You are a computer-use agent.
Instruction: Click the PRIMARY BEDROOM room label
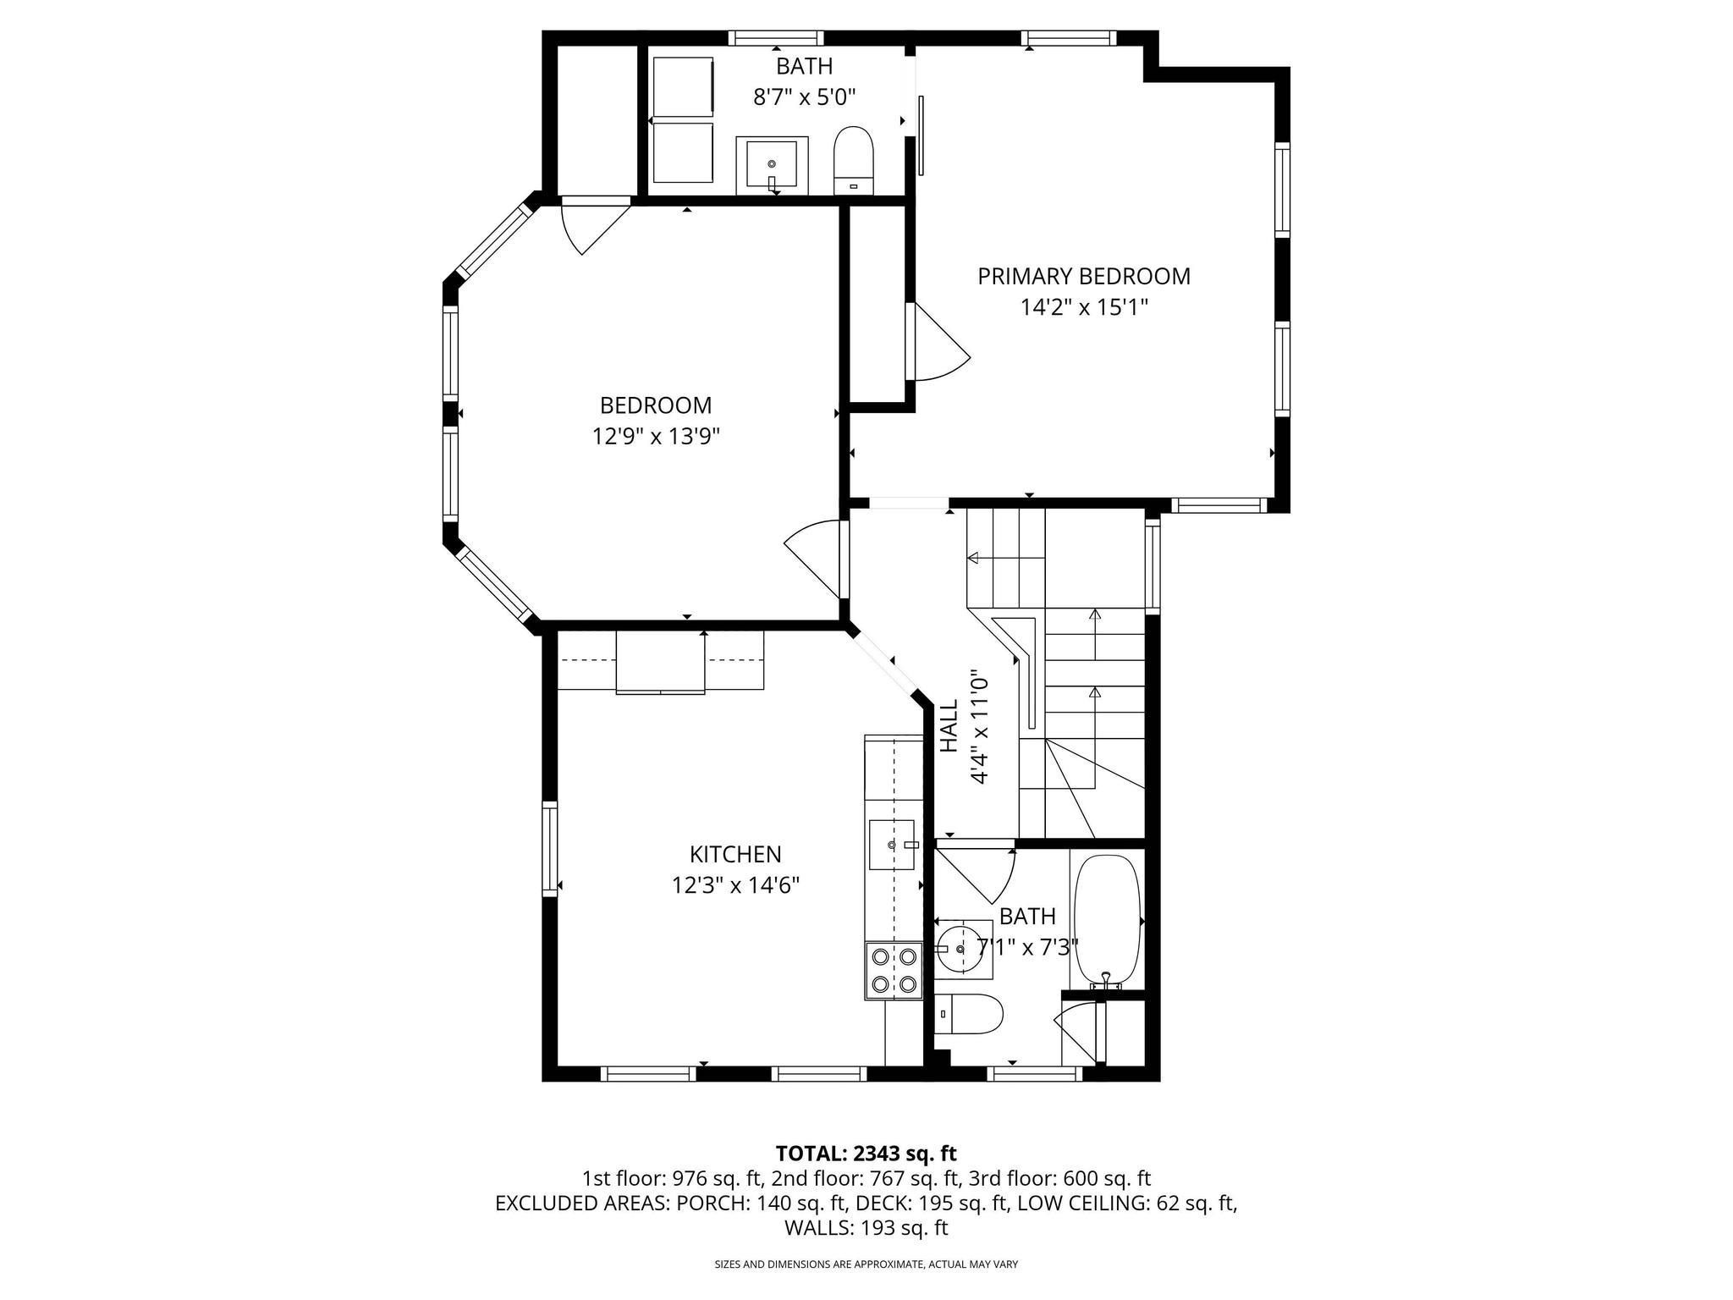[x=1083, y=277]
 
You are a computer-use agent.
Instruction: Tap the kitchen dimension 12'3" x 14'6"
[x=735, y=885]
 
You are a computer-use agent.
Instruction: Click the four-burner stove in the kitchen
[x=894, y=970]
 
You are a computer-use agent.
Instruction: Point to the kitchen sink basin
[x=891, y=844]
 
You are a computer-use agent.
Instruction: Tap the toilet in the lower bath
[x=971, y=1013]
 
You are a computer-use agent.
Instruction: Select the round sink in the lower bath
[x=963, y=950]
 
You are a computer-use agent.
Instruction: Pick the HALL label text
[x=949, y=726]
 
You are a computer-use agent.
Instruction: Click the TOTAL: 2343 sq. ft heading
[x=866, y=1153]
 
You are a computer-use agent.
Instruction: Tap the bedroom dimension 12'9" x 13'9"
[x=656, y=437]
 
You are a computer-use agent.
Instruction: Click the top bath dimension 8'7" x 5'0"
[x=805, y=97]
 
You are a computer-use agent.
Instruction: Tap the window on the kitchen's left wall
[x=550, y=849]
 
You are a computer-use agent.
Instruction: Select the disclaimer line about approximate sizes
[x=866, y=1264]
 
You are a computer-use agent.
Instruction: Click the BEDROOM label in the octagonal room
[x=656, y=405]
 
